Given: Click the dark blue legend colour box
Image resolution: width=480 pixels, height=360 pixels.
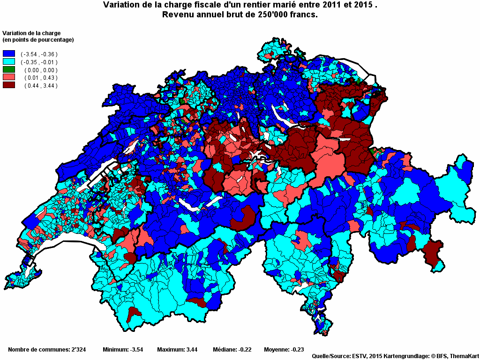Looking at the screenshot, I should point(9,54).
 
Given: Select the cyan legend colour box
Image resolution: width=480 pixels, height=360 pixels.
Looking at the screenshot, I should point(9,62).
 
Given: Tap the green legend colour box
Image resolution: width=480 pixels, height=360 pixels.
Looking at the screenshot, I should point(9,70).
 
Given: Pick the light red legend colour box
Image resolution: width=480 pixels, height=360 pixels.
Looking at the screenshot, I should point(9,77).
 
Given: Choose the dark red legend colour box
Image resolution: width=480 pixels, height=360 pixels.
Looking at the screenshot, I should point(9,85).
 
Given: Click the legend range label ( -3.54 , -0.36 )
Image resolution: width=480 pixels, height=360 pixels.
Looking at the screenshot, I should point(39,54).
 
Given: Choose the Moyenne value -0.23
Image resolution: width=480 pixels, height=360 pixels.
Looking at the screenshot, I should point(296,350).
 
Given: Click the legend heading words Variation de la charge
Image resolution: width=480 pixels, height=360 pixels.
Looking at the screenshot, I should point(32,33).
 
